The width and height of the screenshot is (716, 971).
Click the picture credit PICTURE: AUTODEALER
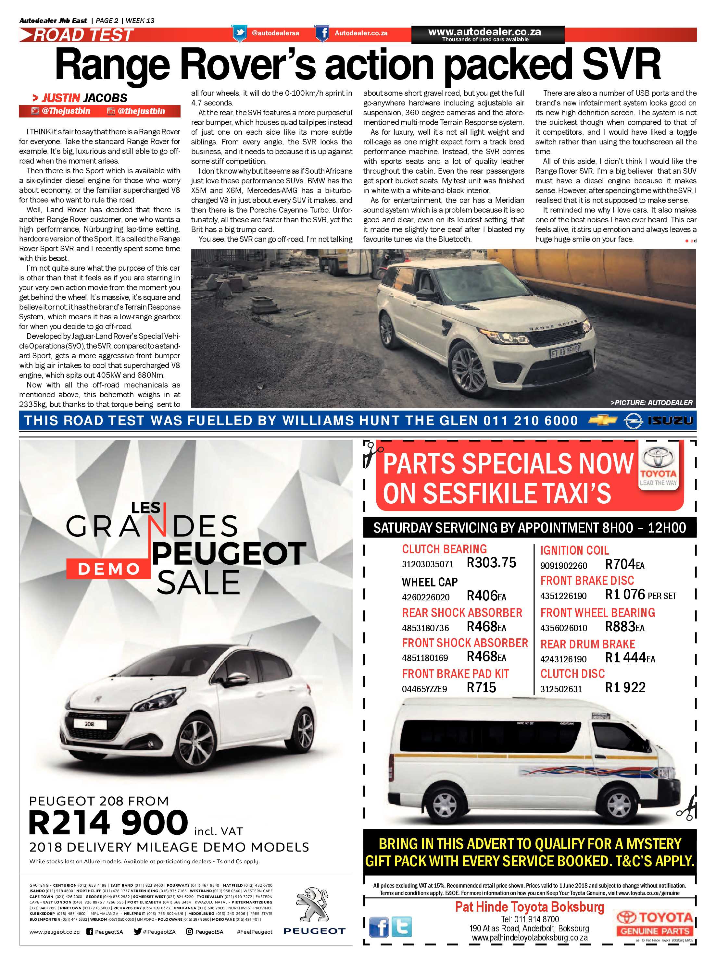pos(651,402)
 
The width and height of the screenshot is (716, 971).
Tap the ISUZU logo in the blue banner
pos(671,420)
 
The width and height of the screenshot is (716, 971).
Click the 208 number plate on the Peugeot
pos(89,724)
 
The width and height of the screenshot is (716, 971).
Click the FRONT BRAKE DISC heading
pos(587,580)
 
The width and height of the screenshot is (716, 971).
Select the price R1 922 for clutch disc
pos(625,687)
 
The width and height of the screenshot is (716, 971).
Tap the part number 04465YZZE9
pos(424,689)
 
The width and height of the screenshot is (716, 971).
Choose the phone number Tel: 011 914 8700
pos(530,919)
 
